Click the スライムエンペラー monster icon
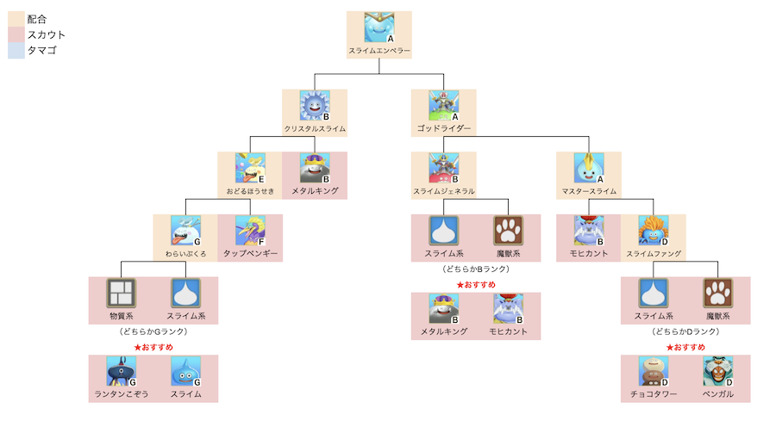pos(379,28)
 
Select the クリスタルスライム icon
pos(315,106)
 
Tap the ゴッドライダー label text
pos(444,129)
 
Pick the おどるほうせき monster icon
pos(250,168)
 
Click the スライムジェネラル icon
pos(444,168)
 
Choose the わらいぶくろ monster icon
pos(185,231)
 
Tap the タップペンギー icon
pos(250,231)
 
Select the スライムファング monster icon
pos(654,231)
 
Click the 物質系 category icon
pos(121,294)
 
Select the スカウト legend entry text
pos(47,35)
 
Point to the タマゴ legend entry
pos(42,52)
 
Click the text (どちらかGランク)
pos(153,331)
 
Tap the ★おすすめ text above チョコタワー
pos(685,347)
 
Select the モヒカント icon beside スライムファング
pos(589,231)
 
